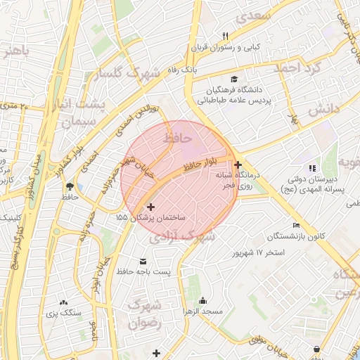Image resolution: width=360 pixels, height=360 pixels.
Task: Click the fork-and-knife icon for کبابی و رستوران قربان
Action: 225,35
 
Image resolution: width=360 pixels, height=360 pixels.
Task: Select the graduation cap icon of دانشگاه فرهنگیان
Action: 233,79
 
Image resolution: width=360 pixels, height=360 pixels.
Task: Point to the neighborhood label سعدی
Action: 254,15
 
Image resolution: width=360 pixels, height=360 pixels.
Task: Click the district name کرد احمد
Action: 297,69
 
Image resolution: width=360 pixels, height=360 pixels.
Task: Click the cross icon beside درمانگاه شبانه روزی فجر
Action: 238,165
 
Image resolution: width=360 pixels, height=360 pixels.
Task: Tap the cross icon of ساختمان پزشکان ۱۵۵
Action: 150,207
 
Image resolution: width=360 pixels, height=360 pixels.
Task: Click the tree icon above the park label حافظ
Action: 70,187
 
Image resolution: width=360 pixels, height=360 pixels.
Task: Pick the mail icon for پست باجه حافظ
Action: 143,259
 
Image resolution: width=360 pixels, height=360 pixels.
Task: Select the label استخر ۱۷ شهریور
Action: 260,252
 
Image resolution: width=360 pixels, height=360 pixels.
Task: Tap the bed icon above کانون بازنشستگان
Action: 296,225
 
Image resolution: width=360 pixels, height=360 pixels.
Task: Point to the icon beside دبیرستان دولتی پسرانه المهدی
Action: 312,167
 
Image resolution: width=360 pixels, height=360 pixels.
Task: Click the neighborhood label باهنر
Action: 18,51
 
